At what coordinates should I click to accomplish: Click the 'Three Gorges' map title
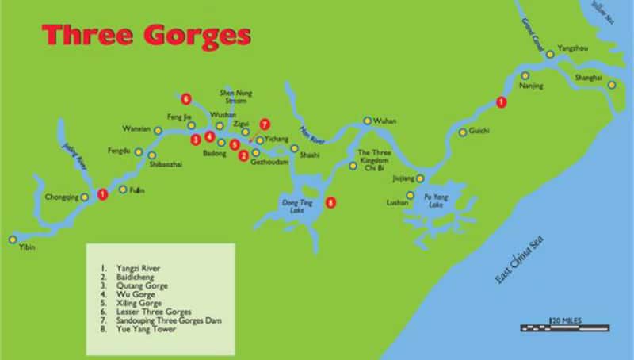147,36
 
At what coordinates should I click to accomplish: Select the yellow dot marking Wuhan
367,121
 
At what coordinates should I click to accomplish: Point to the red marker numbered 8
331,202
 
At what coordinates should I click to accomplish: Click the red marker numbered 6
186,99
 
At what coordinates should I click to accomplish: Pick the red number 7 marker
265,124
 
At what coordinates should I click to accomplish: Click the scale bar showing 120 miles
565,325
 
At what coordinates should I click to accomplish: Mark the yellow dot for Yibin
13,239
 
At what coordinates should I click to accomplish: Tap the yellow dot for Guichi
463,132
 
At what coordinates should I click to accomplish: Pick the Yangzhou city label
574,48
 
